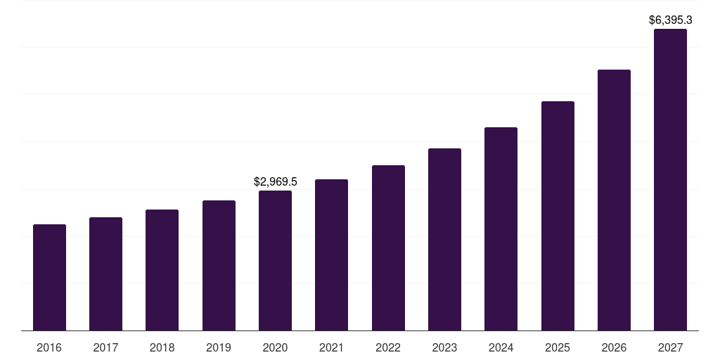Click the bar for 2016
click(x=49, y=278)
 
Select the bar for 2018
click(x=162, y=270)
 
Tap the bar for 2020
click(x=275, y=261)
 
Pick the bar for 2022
click(x=388, y=248)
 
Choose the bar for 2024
click(x=501, y=229)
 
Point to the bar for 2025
click(x=558, y=216)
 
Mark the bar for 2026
click(x=614, y=200)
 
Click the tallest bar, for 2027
click(x=670, y=180)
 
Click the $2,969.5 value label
click(x=276, y=182)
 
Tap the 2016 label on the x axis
click(x=49, y=348)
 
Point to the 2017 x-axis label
click(x=105, y=348)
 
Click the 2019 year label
click(x=219, y=348)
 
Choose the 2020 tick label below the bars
click(x=275, y=348)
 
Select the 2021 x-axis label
click(x=331, y=348)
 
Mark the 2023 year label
click(x=444, y=348)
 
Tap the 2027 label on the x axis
click(x=670, y=348)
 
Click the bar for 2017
click(x=105, y=274)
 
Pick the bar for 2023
click(x=444, y=240)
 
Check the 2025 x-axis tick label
click(x=558, y=348)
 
